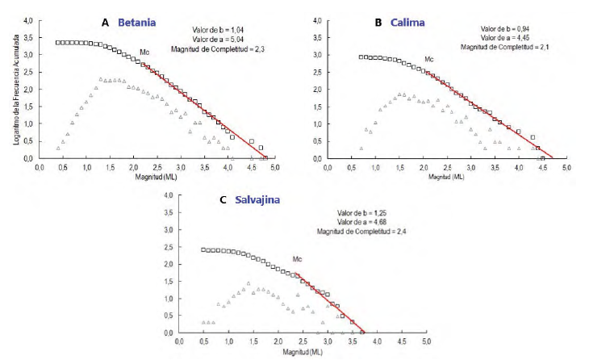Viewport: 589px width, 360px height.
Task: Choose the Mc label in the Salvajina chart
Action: [x=297, y=259]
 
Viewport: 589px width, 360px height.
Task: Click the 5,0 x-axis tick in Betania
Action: [x=276, y=167]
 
